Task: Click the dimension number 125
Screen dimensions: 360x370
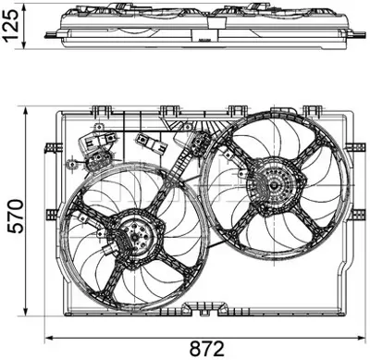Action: coord(11,30)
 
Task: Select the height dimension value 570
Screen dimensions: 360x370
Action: coord(12,216)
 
